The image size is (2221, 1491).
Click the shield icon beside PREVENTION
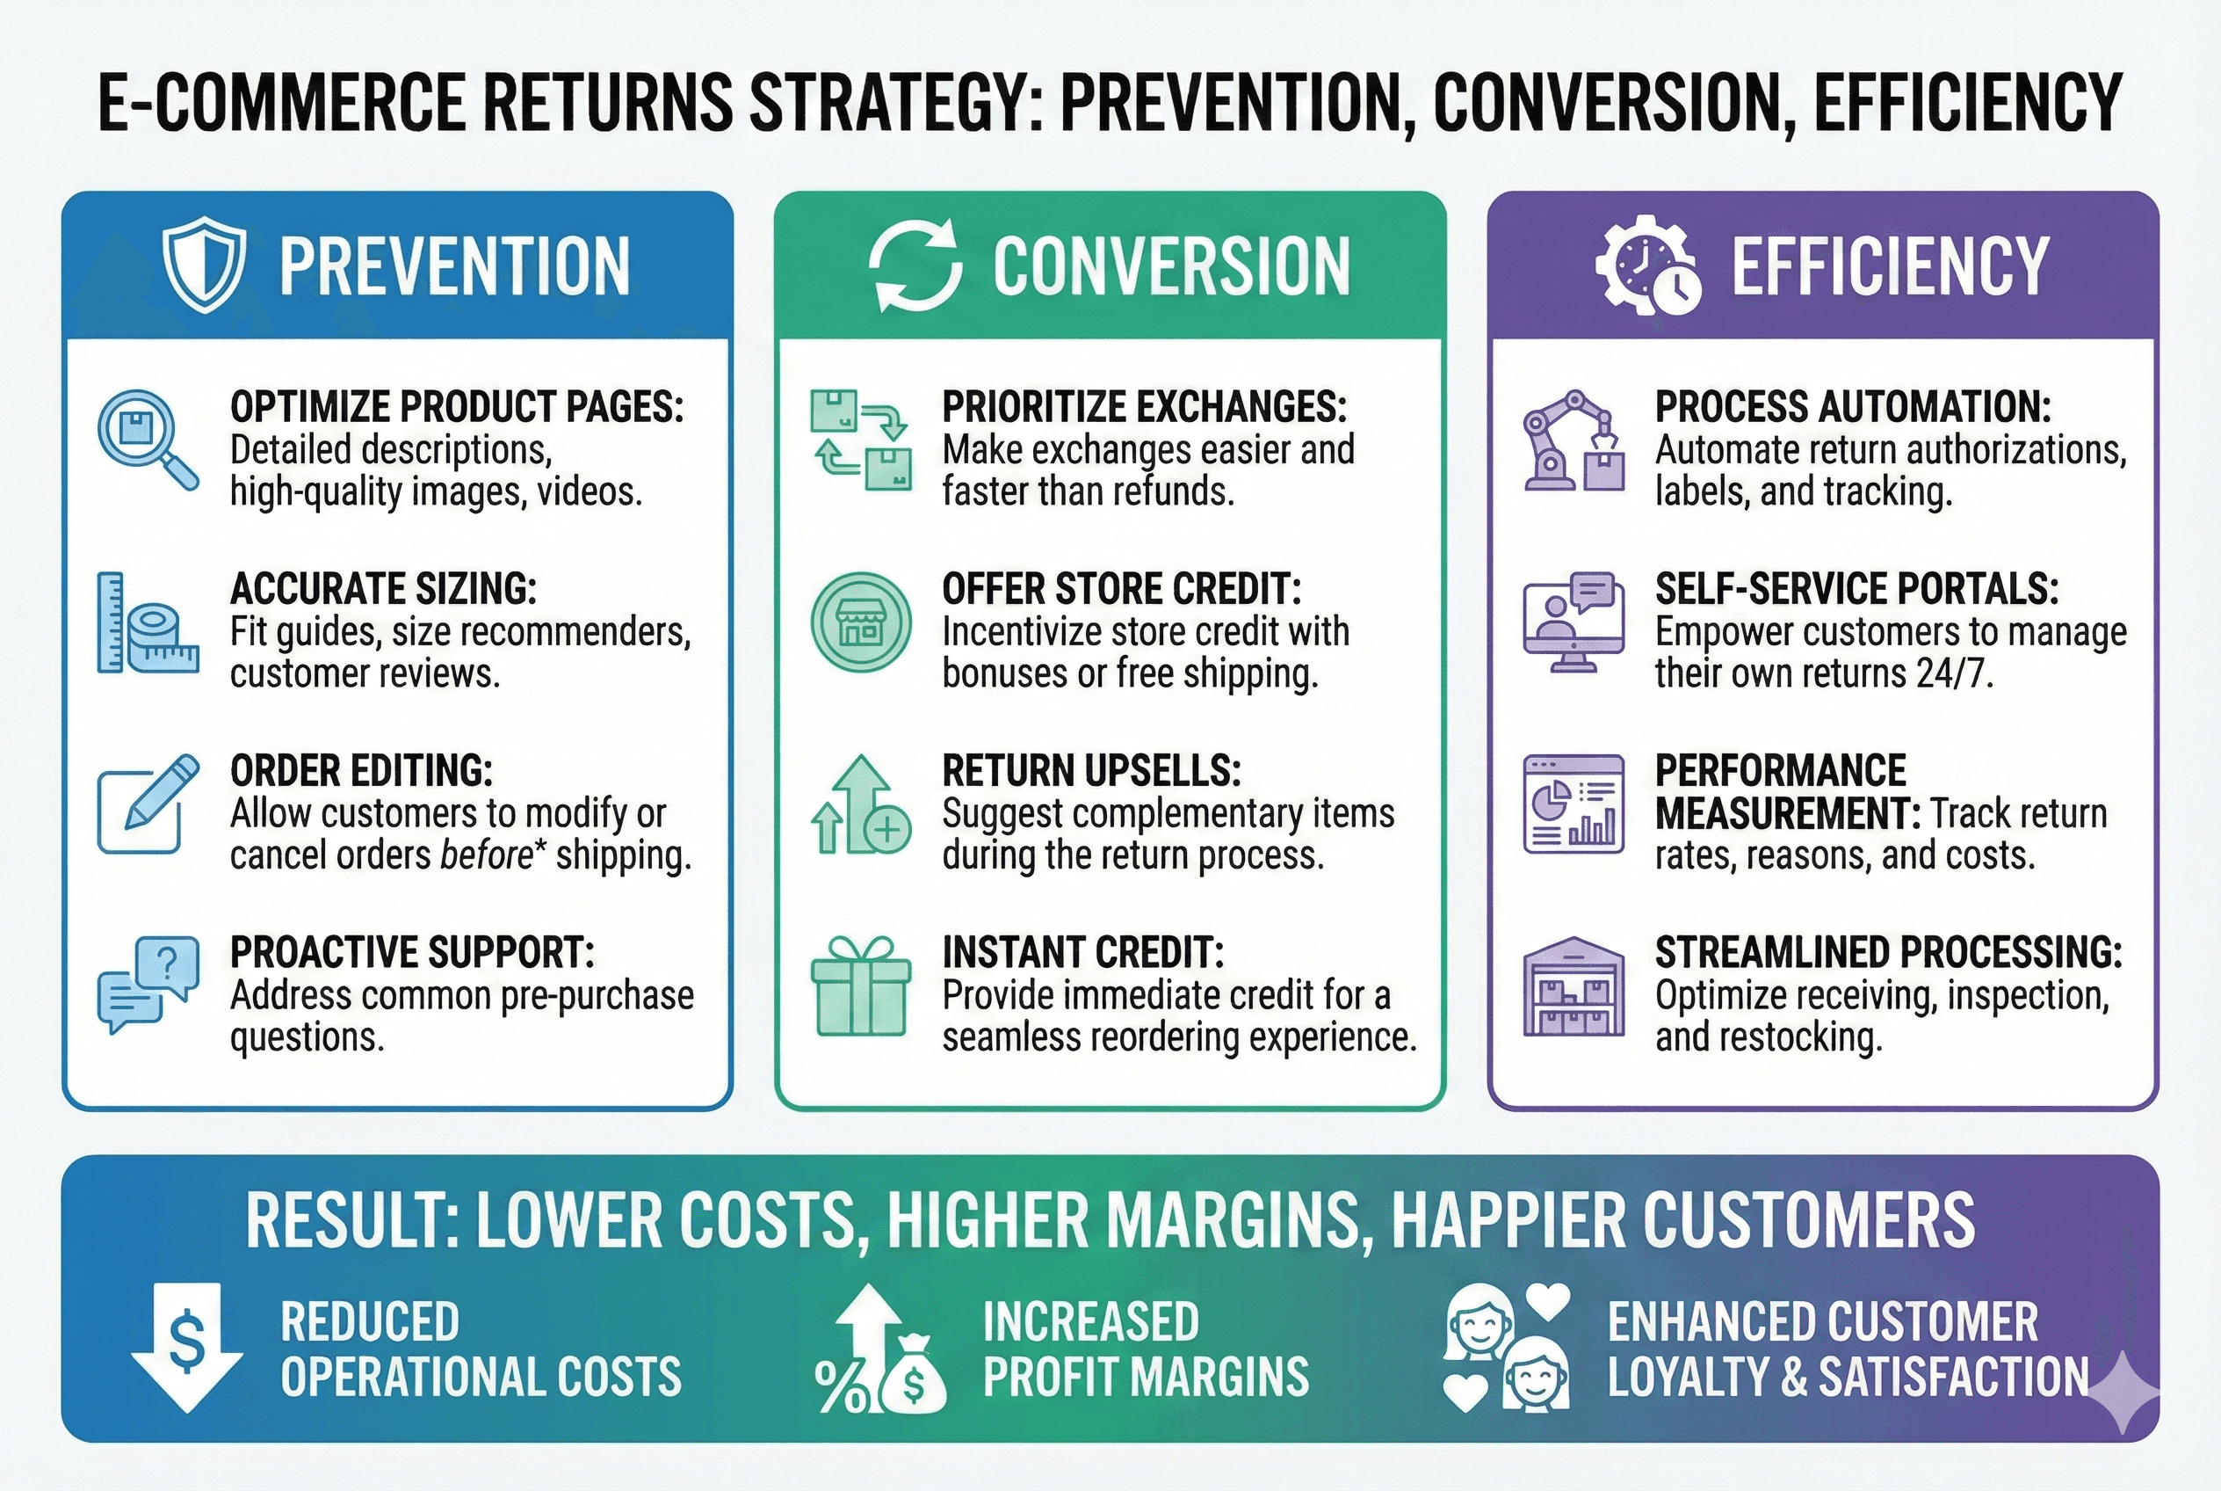tap(203, 267)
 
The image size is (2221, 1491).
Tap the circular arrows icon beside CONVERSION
tap(915, 265)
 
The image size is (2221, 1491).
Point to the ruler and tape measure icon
tap(148, 622)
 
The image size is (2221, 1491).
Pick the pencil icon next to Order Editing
tap(148, 804)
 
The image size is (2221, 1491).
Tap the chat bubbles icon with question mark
tap(148, 984)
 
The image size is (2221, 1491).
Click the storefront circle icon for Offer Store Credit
tap(860, 622)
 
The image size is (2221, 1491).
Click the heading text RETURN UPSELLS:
tap(1091, 770)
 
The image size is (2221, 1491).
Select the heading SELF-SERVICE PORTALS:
tap(1856, 589)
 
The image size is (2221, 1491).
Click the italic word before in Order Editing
tap(487, 855)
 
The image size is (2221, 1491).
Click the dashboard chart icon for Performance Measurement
tap(1573, 804)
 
